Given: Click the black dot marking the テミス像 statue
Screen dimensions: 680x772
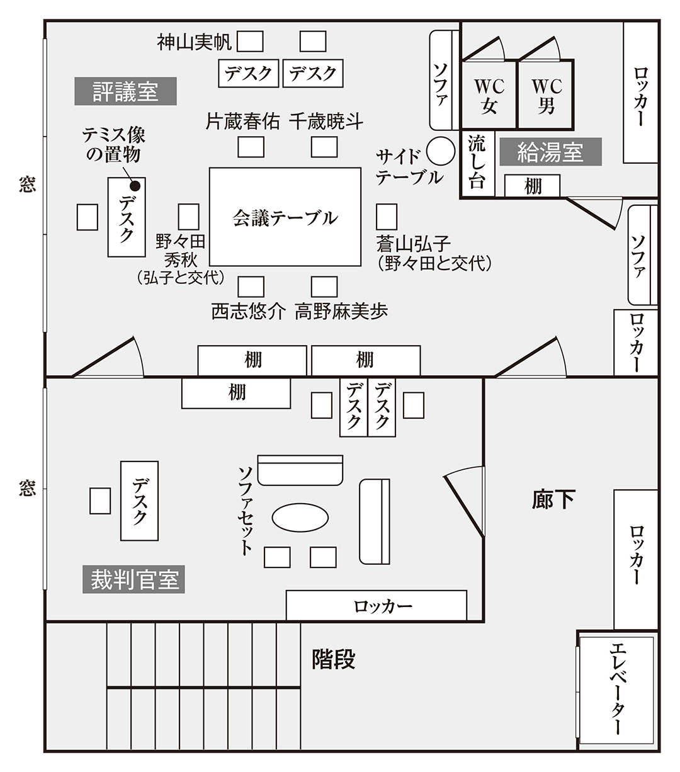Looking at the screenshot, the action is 135,186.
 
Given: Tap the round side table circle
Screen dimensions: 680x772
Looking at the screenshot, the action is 440,151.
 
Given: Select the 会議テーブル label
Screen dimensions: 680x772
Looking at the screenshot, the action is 285,218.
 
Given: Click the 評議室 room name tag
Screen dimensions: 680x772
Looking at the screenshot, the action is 125,91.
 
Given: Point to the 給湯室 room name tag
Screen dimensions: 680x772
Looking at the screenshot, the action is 550,152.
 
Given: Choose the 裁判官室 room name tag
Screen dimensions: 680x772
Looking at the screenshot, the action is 133,579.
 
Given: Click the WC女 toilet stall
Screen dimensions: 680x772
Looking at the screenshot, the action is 489,95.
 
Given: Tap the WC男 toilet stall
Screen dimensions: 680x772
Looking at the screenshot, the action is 545,94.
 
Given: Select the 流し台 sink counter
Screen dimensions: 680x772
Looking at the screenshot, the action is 477,163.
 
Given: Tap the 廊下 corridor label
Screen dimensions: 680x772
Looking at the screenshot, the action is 553,499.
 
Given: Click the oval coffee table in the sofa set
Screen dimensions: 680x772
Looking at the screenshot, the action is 300,517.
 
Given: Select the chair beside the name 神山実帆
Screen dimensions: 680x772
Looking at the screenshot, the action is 250,41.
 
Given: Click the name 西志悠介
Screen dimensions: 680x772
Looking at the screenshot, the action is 248,312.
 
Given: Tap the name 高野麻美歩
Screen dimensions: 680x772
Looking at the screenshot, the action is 341,312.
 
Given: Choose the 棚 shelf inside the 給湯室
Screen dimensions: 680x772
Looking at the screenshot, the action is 532,186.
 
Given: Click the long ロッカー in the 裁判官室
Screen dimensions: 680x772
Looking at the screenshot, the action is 377,605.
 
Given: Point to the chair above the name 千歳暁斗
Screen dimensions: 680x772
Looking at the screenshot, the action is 324,147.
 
